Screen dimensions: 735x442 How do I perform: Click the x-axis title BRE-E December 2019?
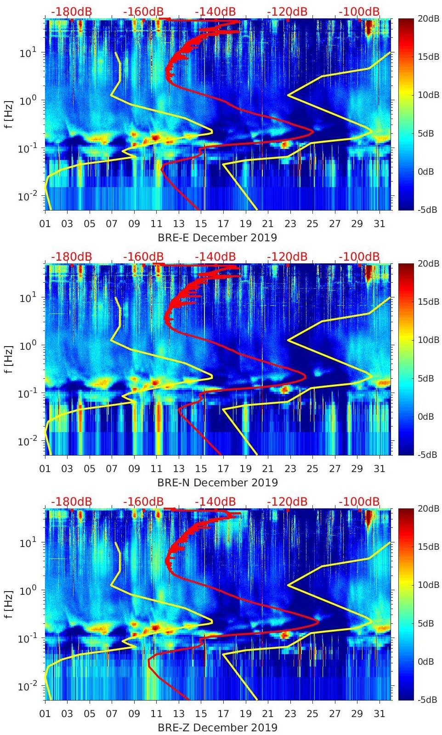click(217, 238)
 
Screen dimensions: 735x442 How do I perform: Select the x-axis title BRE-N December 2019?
click(217, 483)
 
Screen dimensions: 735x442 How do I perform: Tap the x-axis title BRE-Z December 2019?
click(217, 728)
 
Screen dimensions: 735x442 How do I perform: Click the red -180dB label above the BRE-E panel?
click(71, 11)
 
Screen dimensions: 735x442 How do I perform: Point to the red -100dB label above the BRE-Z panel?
click(359, 501)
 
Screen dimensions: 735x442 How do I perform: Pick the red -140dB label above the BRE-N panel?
click(215, 256)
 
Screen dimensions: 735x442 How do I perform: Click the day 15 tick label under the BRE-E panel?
click(201, 224)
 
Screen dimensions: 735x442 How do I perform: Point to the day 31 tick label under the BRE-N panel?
click(379, 469)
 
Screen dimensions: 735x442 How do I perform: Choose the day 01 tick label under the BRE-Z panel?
click(45, 714)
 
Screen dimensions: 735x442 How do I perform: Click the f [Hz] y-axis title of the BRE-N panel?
click(9, 359)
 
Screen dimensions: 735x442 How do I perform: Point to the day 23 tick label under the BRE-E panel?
click(290, 224)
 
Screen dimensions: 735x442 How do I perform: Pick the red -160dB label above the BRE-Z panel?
click(143, 501)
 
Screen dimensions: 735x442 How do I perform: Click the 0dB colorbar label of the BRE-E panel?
click(425, 171)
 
